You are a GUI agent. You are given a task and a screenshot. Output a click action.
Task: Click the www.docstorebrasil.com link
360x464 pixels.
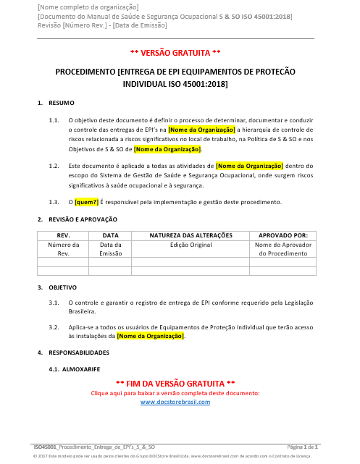point(175,402)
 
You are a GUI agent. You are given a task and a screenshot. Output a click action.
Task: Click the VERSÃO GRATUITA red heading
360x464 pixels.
point(175,53)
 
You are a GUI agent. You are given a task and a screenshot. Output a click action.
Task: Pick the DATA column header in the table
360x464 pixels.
point(110,235)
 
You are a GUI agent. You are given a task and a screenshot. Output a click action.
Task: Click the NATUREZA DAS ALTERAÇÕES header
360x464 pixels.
point(191,235)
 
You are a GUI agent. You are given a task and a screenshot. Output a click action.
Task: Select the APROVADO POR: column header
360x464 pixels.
point(282,235)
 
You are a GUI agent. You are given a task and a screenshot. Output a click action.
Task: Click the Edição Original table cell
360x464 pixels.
point(191,245)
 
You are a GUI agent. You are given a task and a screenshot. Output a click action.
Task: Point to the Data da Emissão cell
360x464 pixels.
point(110,249)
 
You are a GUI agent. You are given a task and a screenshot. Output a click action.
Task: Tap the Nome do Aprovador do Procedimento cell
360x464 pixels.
point(282,249)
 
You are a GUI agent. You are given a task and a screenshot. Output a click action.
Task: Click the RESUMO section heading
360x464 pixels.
point(59,104)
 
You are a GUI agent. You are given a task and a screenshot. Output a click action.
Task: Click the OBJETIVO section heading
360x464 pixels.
point(62,287)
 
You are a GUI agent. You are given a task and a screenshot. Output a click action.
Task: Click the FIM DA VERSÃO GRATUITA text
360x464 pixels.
point(175,382)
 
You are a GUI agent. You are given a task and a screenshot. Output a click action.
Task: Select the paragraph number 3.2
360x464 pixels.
point(54,327)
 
